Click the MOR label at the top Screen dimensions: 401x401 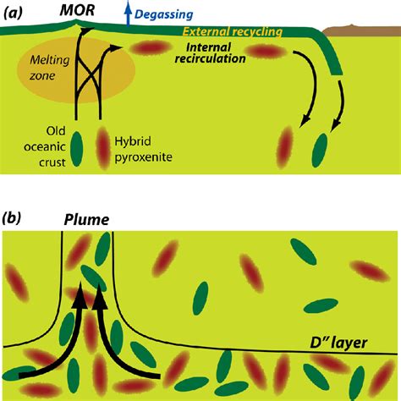77,11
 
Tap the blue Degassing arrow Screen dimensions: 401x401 129,14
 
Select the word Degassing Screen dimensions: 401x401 163,14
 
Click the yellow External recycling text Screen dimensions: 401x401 233,31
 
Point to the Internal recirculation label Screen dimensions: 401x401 211,52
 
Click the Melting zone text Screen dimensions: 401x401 49,68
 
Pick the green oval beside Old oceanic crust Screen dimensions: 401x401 76,149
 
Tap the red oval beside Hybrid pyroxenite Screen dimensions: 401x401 103,148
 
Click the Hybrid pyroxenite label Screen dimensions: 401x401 143,149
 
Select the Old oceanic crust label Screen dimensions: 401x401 45,146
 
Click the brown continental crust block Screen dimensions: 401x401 361,30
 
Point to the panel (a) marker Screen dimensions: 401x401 13,13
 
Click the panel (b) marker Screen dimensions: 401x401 11,218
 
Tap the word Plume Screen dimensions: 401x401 86,220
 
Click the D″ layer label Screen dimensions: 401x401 338,343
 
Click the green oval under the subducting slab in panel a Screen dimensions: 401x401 320,151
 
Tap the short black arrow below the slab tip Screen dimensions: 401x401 340,106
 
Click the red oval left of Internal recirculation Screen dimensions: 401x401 151,48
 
